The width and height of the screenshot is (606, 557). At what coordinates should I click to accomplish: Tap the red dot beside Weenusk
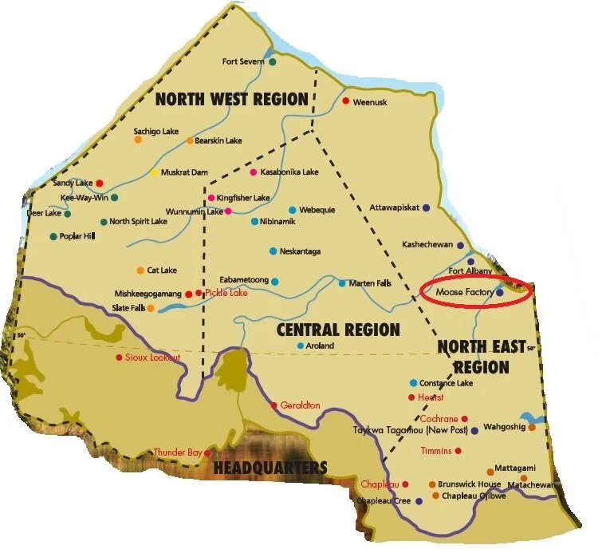[x=345, y=101]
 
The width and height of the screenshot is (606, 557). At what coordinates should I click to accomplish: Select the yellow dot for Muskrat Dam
[x=154, y=172]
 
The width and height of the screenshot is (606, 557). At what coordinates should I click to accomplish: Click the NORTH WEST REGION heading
[x=231, y=100]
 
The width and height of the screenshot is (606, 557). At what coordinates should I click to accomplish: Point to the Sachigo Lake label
[x=157, y=129]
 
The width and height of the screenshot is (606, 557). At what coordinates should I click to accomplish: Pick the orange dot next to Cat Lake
[x=140, y=271]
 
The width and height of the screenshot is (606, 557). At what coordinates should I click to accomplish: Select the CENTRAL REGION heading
[x=337, y=330]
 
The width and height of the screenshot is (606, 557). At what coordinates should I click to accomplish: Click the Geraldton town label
[x=300, y=405]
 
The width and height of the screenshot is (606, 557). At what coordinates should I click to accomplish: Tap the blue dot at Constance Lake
[x=413, y=383]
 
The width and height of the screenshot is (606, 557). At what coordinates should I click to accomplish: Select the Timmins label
[x=436, y=451]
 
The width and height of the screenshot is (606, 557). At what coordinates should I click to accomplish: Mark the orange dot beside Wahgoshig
[x=532, y=427]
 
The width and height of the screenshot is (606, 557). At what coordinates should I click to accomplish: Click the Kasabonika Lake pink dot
[x=254, y=172]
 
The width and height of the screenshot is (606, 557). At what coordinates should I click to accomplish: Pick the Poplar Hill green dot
[x=53, y=236]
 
